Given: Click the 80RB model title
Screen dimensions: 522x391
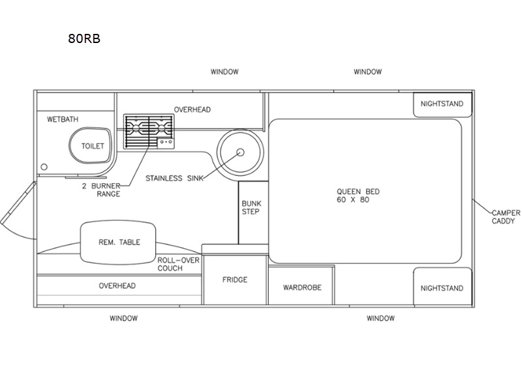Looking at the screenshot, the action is click(x=84, y=38).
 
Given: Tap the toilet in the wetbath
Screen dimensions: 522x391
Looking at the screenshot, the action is click(x=90, y=145).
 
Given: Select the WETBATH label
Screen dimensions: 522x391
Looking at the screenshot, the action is click(x=63, y=119).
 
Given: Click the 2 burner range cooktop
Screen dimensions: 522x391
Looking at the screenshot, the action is click(x=149, y=132).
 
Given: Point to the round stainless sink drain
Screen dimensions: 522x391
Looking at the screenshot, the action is click(x=240, y=152).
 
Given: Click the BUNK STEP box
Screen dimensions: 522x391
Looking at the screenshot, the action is click(x=253, y=213).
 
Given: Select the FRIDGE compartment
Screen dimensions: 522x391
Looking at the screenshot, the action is click(x=235, y=280).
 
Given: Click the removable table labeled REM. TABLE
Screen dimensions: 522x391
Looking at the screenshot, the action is click(x=118, y=242).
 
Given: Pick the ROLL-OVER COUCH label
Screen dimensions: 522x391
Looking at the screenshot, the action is click(x=178, y=265).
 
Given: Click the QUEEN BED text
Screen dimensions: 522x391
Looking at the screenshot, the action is click(x=358, y=192).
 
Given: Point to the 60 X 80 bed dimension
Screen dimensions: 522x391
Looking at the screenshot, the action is click(x=353, y=200).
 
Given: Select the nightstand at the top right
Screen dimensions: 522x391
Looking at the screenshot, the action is click(x=442, y=105).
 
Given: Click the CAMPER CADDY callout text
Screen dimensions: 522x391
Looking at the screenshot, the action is click(x=506, y=217).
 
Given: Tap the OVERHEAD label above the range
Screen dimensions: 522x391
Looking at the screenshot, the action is click(x=192, y=109).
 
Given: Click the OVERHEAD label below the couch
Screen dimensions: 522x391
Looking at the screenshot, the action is click(x=117, y=286).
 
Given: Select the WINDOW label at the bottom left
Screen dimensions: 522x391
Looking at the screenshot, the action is click(x=123, y=318).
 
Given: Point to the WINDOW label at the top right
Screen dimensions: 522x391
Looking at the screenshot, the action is click(x=367, y=72).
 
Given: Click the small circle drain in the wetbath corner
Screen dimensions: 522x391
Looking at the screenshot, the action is click(x=44, y=167).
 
